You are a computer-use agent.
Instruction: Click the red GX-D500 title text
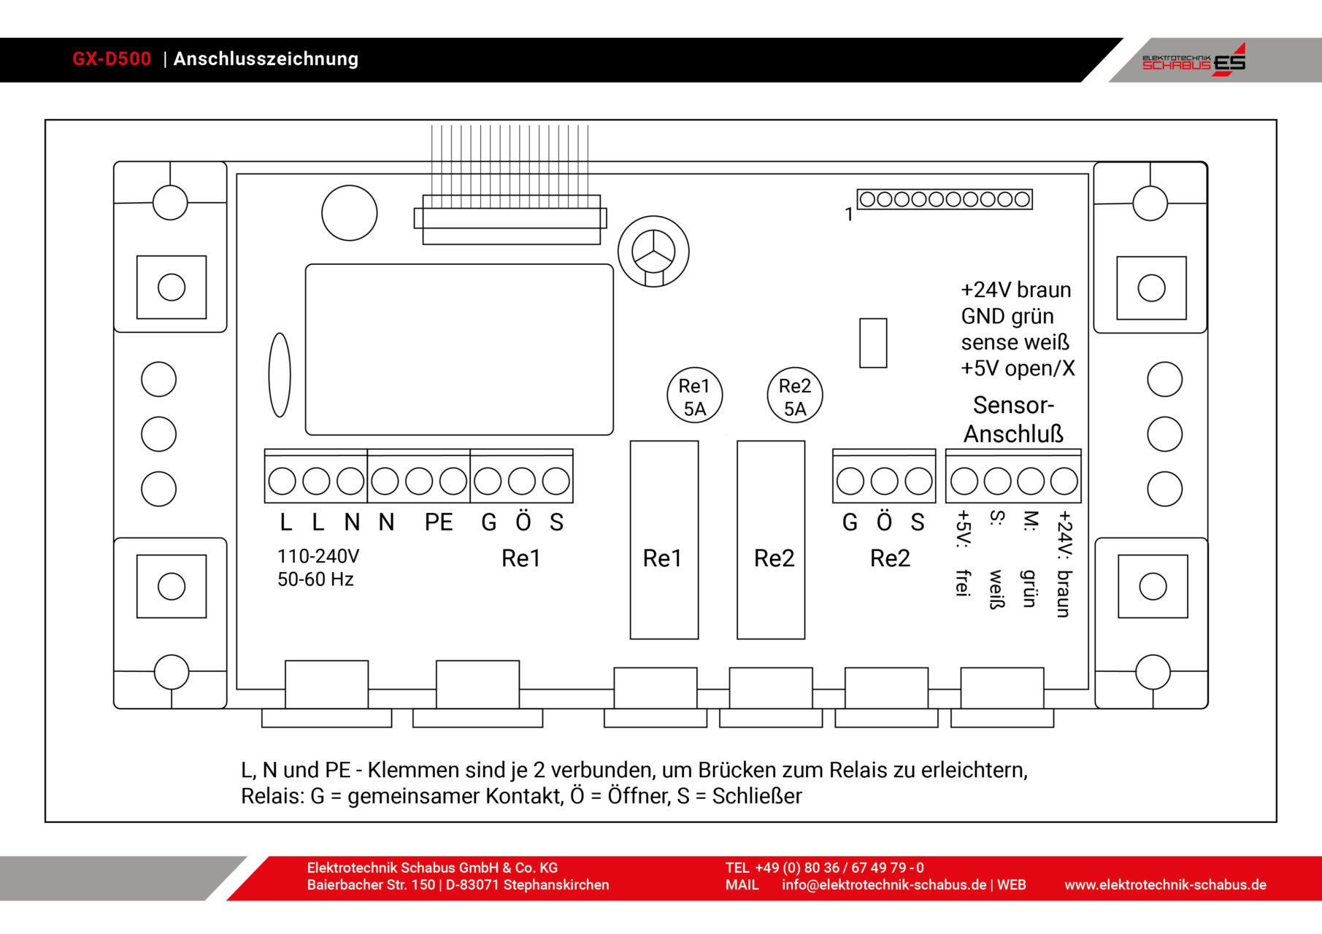click(x=112, y=59)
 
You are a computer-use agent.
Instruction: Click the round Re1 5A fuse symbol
click(x=694, y=396)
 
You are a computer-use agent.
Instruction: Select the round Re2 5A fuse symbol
click(x=794, y=396)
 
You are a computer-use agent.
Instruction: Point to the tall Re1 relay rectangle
click(x=664, y=540)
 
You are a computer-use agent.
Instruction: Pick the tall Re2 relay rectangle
click(x=771, y=540)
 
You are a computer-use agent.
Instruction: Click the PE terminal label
click(x=439, y=522)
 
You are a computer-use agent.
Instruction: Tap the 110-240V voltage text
click(x=318, y=557)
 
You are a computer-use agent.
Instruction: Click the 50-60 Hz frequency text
click(x=315, y=579)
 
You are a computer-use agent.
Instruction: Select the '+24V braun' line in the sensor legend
click(x=1015, y=290)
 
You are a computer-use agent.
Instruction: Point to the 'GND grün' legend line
click(x=1007, y=317)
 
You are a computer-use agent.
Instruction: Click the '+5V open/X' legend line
click(x=1018, y=368)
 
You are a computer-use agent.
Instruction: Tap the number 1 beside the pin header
click(x=848, y=215)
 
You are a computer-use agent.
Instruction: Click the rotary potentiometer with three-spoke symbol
click(x=653, y=251)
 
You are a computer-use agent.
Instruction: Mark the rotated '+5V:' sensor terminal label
click(x=964, y=528)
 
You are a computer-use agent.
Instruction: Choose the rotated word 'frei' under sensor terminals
click(x=964, y=582)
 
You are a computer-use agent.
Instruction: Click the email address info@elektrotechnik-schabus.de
click(x=884, y=885)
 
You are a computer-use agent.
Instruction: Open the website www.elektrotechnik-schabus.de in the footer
click(x=1165, y=885)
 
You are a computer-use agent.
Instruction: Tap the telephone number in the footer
click(x=839, y=868)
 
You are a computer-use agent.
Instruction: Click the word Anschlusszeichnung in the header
click(x=266, y=59)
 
